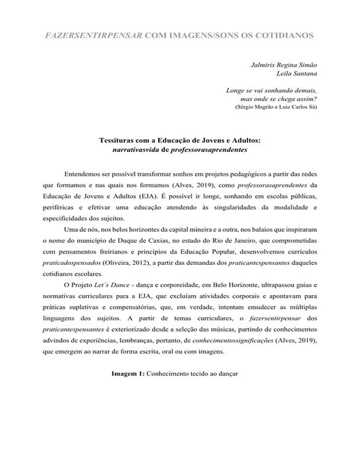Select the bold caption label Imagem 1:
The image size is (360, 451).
click(x=128, y=375)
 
